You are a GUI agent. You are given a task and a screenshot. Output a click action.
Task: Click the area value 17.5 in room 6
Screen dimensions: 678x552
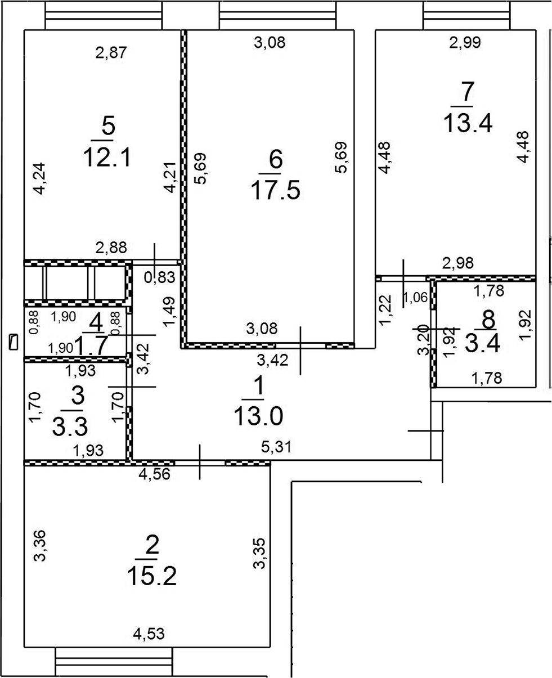pos(275,190)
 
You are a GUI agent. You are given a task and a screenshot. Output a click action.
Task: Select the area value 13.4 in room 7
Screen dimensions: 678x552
pos(467,122)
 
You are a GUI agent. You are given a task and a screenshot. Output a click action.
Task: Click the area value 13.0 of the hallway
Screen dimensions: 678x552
pos(259,417)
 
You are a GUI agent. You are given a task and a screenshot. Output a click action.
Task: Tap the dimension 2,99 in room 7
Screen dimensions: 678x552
pos(464,43)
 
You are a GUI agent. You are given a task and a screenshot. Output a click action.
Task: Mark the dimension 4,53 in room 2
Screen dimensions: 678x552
pos(149,635)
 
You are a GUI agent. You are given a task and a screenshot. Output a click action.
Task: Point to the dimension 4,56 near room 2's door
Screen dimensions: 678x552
pos(155,474)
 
